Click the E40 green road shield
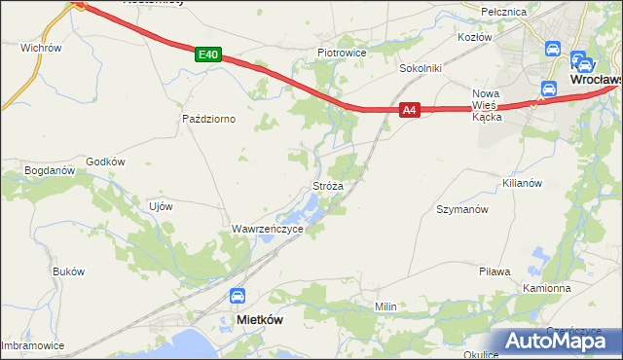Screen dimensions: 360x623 206,55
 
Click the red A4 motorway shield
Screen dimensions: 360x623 410,111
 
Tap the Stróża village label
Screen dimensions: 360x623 327,185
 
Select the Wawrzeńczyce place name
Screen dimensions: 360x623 268,229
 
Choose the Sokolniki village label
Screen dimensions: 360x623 421,69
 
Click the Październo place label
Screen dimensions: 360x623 209,119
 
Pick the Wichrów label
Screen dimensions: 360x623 41,47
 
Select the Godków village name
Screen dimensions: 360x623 106,162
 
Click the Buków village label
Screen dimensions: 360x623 69,271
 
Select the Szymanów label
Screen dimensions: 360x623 461,209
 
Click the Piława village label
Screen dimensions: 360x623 495,271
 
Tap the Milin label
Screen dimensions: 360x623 386,306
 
